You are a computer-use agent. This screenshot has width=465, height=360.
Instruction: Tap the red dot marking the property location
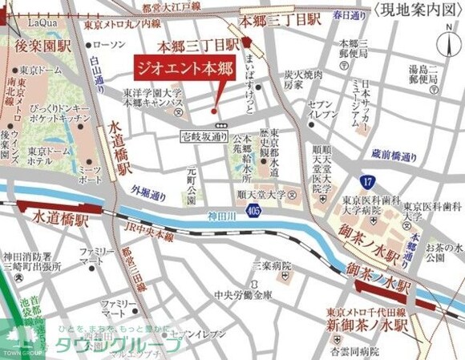214,111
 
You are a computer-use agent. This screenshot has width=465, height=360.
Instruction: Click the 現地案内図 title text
417,10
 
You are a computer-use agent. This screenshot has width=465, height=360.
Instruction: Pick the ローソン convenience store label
110,44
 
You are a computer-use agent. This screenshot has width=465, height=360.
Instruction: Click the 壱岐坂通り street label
204,137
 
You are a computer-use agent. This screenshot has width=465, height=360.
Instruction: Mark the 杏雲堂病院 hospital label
358,351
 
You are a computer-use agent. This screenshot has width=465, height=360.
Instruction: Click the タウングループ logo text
120,345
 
